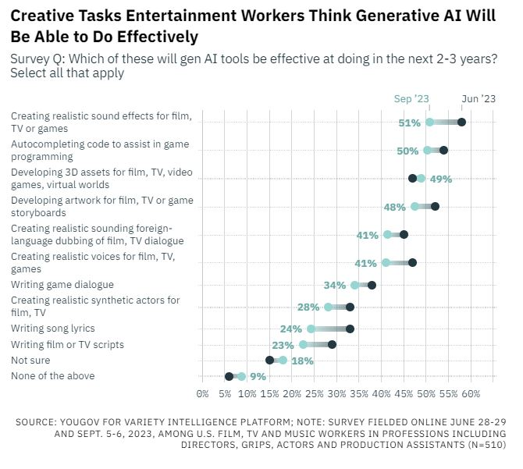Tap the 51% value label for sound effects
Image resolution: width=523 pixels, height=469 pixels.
(x=410, y=123)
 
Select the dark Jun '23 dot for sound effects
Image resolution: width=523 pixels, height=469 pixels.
(x=461, y=122)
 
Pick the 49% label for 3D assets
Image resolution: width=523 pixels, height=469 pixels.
(x=441, y=179)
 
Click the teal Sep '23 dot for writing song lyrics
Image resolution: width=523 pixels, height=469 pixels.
(x=311, y=329)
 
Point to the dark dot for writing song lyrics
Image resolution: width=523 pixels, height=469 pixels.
(x=350, y=329)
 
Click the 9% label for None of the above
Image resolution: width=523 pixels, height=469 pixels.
(x=258, y=376)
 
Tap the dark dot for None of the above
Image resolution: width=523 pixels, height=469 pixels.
(x=229, y=376)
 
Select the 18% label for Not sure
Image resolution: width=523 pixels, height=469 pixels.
(x=303, y=361)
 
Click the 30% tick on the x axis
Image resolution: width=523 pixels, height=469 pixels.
(x=336, y=393)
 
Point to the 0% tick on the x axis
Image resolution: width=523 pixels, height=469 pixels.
(x=202, y=393)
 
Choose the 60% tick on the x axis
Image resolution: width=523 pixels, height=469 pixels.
(x=470, y=393)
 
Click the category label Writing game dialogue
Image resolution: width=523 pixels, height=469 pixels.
(x=62, y=285)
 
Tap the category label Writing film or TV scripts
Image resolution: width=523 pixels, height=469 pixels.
(x=67, y=344)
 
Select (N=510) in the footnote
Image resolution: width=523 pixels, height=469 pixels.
(x=481, y=444)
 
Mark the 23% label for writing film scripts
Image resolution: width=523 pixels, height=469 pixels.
(x=283, y=345)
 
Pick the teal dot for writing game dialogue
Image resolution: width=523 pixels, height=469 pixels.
(x=355, y=285)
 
